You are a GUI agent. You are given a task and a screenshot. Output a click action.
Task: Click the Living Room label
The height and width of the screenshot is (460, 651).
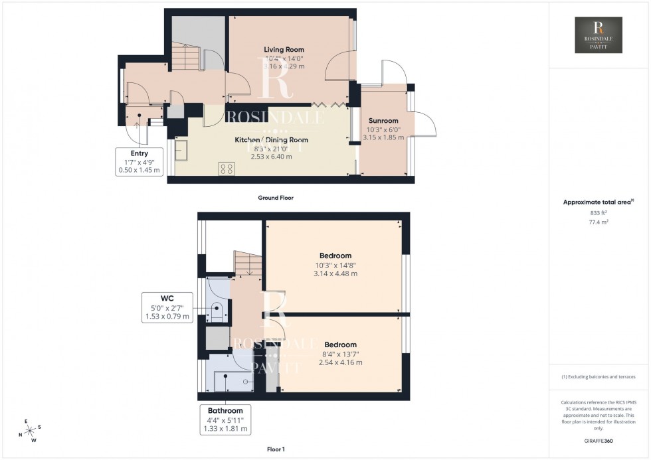click(284, 50)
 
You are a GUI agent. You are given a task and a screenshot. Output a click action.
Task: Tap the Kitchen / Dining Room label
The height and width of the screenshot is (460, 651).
click(271, 140)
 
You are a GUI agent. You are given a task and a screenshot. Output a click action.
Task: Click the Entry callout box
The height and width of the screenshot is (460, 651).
click(139, 162)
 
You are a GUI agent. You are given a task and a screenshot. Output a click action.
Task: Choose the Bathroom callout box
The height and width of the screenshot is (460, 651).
click(225, 420)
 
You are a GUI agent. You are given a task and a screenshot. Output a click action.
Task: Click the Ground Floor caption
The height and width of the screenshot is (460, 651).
click(275, 198)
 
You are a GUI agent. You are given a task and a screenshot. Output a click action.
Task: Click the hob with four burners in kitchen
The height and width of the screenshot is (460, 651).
click(226, 169)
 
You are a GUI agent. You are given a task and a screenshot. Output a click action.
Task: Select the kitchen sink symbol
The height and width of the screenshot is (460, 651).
click(181, 153)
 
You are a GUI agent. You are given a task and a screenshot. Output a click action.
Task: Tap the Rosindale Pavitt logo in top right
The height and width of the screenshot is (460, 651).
click(598, 35)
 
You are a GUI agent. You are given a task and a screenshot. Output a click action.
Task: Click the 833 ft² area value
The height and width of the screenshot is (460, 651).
click(598, 212)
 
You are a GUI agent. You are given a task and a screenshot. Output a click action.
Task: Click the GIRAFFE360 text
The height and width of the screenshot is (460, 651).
click(598, 440)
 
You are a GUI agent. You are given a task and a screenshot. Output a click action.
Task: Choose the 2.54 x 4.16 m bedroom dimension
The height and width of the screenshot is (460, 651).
click(340, 362)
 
